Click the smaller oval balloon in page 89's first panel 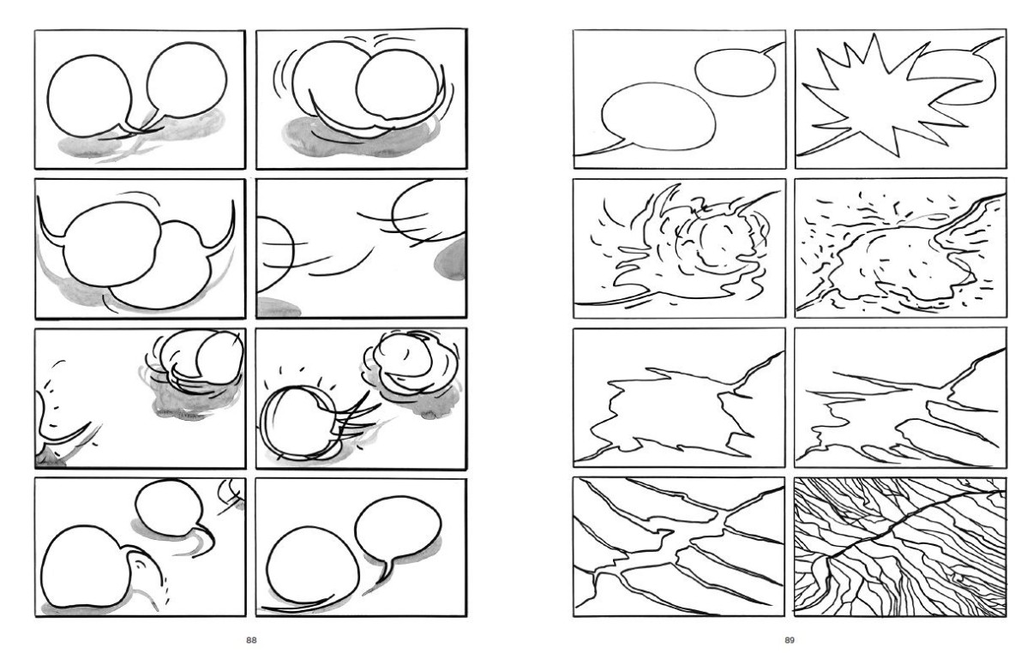(731, 71)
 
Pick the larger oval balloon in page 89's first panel (657, 117)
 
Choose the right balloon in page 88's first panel (186, 81)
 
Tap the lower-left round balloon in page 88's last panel (313, 572)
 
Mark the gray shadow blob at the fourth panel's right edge (452, 259)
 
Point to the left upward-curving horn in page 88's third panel (51, 224)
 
